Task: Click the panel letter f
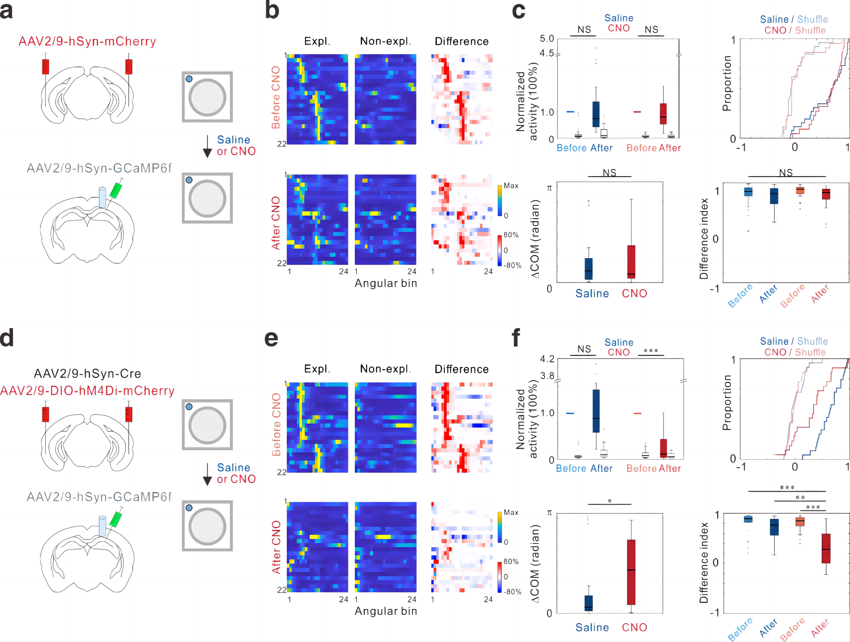[516, 337]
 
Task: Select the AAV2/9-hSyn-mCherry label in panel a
[87, 41]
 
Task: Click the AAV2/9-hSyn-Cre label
[87, 373]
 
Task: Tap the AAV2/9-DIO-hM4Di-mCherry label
[87, 391]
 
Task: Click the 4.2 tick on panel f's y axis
[547, 359]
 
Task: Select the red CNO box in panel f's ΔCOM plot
[631, 572]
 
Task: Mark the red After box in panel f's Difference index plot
[826, 548]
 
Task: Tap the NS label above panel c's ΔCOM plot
[609, 173]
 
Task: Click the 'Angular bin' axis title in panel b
[385, 283]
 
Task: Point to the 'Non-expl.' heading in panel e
[385, 369]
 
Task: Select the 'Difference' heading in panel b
[462, 41]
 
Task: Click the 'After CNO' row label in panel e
[276, 547]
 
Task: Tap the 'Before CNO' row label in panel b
[276, 97]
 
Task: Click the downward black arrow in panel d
[207, 474]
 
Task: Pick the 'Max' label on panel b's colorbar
[511, 186]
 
